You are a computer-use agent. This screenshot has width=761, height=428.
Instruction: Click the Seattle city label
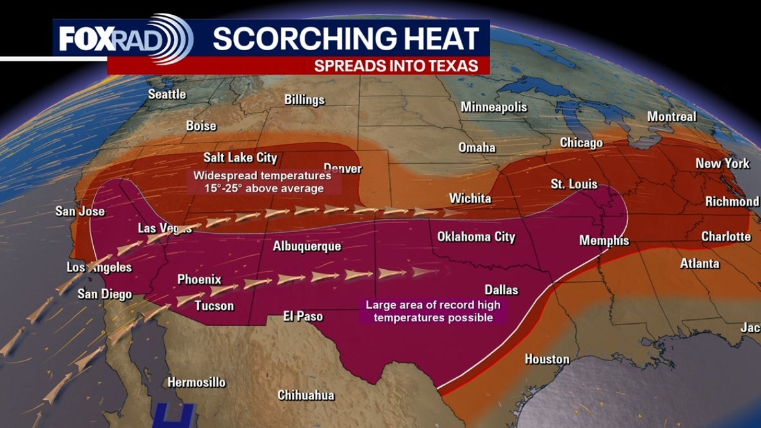point(167,94)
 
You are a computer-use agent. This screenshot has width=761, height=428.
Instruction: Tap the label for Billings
point(305,100)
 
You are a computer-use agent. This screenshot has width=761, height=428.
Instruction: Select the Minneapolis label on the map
point(494,107)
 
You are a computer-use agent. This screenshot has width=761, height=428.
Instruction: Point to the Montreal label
point(672,117)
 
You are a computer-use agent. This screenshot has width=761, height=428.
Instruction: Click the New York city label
point(722,163)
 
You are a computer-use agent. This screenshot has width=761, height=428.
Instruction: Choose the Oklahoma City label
point(476,236)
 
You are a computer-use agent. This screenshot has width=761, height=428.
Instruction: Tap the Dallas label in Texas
point(502,290)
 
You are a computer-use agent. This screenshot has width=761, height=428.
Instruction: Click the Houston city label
point(547,359)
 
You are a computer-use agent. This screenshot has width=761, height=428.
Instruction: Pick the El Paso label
point(303,316)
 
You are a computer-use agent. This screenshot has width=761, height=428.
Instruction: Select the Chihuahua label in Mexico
point(306,395)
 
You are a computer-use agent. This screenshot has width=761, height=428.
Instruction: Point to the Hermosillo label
point(197,382)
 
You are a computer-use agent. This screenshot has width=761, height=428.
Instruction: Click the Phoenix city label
point(199,280)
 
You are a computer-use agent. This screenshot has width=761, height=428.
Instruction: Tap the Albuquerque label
point(307,246)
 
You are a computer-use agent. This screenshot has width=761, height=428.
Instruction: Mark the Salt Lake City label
point(240,157)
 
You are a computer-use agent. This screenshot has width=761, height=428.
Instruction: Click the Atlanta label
point(700,263)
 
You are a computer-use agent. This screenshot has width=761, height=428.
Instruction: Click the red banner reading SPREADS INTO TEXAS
point(396,66)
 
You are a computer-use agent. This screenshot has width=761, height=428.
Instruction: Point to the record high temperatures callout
point(433,312)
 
